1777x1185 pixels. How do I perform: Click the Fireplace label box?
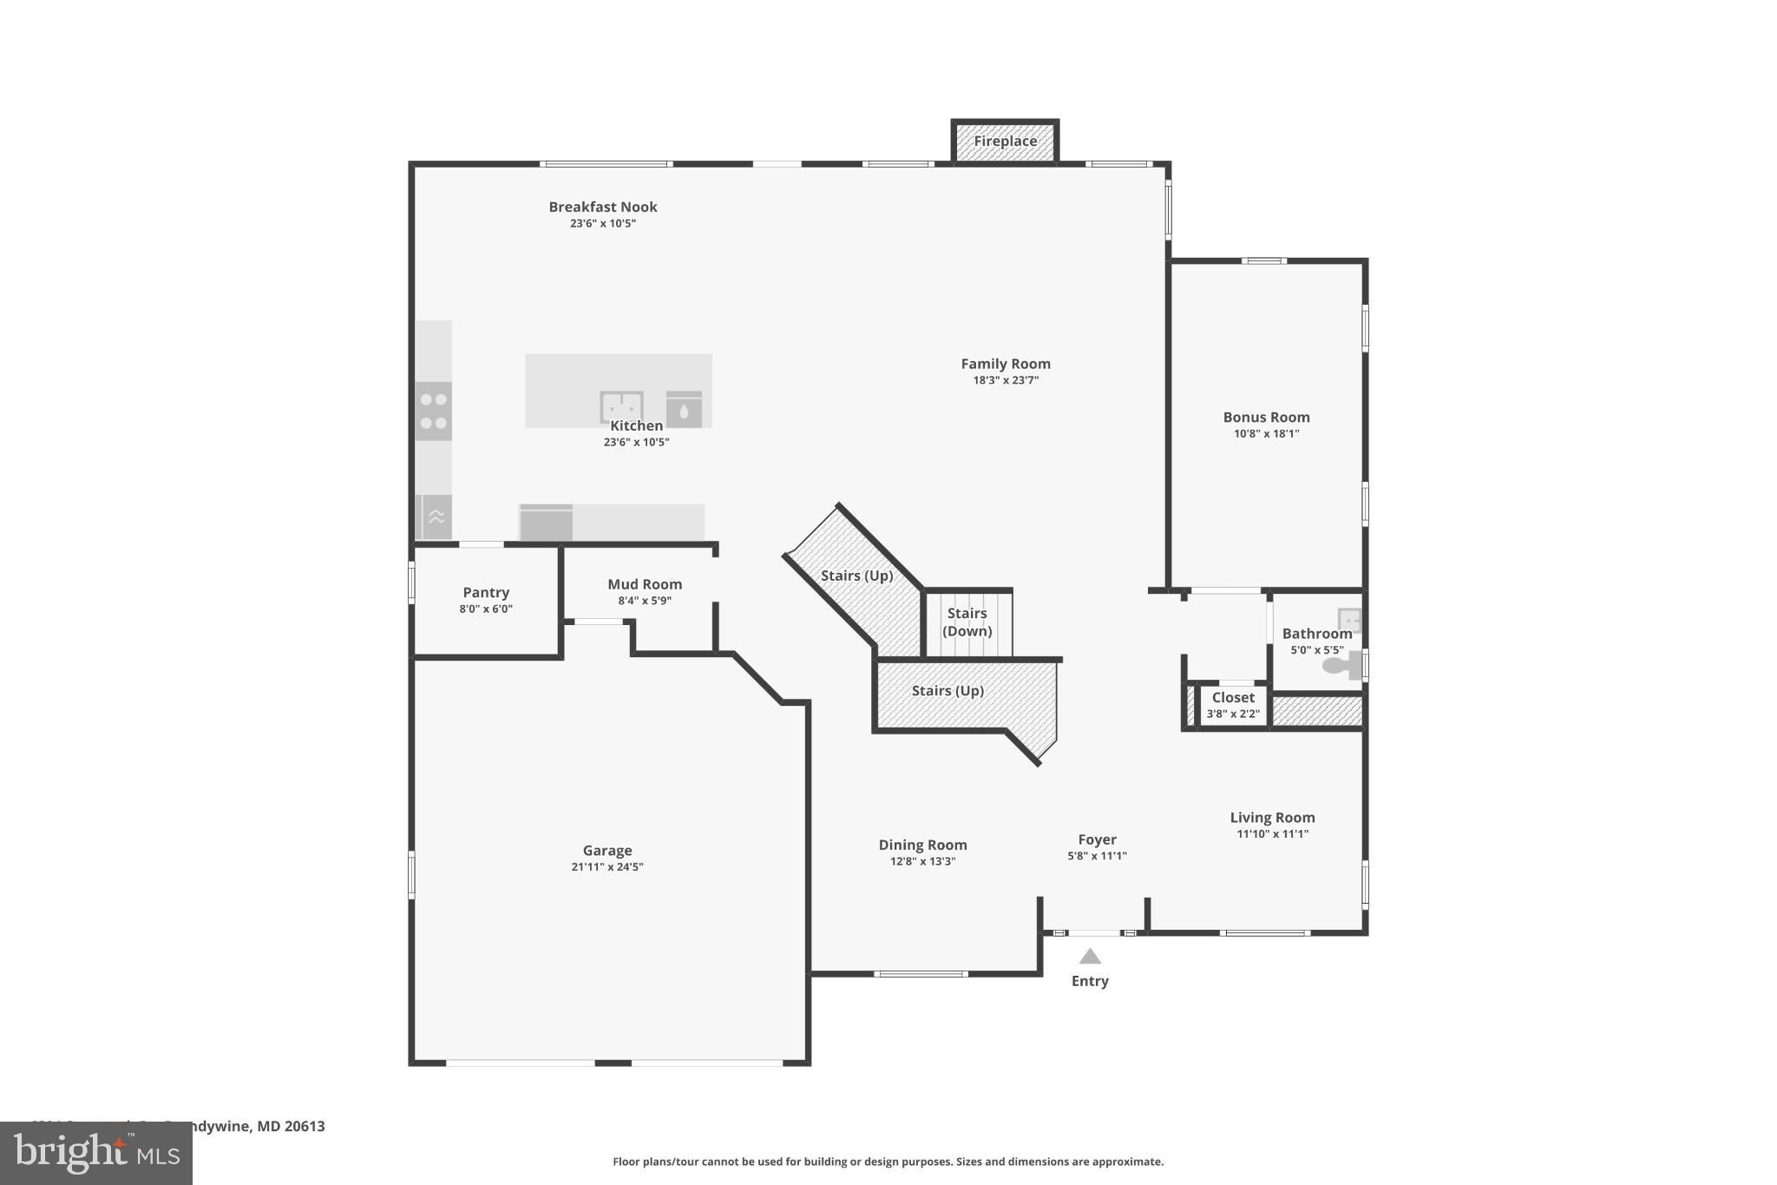1005,141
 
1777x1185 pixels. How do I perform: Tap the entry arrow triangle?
1090,956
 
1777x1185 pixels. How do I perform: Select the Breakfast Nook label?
602,207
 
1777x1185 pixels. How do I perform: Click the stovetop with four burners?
433,411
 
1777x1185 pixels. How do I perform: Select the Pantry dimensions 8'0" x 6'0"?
486,609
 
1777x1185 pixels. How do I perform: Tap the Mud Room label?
644,584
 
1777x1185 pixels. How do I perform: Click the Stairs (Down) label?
967,622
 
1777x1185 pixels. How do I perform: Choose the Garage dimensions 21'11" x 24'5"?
607,866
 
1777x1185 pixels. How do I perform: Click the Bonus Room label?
1266,417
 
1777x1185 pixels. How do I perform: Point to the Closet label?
1233,697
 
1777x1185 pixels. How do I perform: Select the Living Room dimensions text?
1272,833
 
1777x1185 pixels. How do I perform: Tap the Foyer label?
1097,839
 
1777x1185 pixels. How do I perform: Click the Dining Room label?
922,845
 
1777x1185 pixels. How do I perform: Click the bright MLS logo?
96,1153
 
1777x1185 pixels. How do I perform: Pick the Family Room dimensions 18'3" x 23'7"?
1005,379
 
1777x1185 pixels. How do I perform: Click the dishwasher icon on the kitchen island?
684,409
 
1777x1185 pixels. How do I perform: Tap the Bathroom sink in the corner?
1349,619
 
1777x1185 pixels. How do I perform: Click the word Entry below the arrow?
1090,981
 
